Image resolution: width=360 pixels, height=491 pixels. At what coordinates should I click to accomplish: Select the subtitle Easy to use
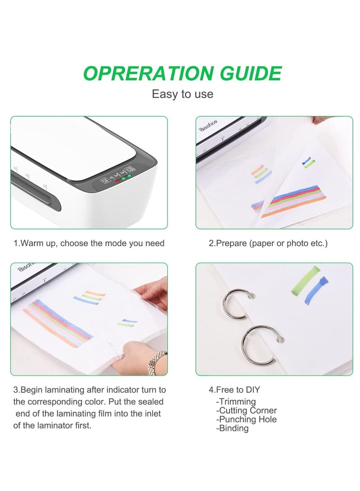point(182,94)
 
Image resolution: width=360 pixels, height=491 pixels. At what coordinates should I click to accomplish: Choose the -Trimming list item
point(236,401)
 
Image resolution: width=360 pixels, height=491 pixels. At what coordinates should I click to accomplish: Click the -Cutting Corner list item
point(247,410)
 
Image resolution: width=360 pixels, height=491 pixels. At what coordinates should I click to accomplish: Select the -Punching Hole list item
point(247,419)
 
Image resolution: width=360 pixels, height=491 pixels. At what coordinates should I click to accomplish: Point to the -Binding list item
point(233,428)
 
